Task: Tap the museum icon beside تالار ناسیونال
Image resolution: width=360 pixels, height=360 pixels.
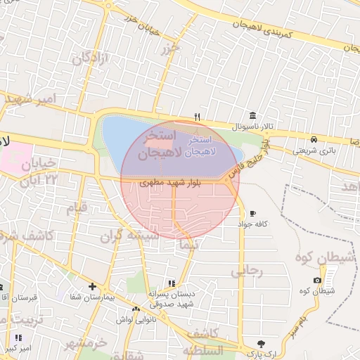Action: tap(252, 117)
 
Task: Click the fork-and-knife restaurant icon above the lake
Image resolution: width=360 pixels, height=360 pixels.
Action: tap(198, 117)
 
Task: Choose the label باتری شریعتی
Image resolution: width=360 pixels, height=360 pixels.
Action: tap(315, 150)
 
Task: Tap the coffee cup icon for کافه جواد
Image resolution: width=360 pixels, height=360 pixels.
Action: tap(253, 213)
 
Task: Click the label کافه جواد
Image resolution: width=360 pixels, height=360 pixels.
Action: tap(253, 224)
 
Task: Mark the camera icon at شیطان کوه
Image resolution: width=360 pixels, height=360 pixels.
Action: tap(318, 281)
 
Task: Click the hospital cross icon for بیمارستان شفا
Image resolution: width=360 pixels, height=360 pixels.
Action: tap(92, 286)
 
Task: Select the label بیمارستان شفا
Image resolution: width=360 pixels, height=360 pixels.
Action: tap(92, 297)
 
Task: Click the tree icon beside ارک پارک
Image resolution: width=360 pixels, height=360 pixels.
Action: tap(262, 344)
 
